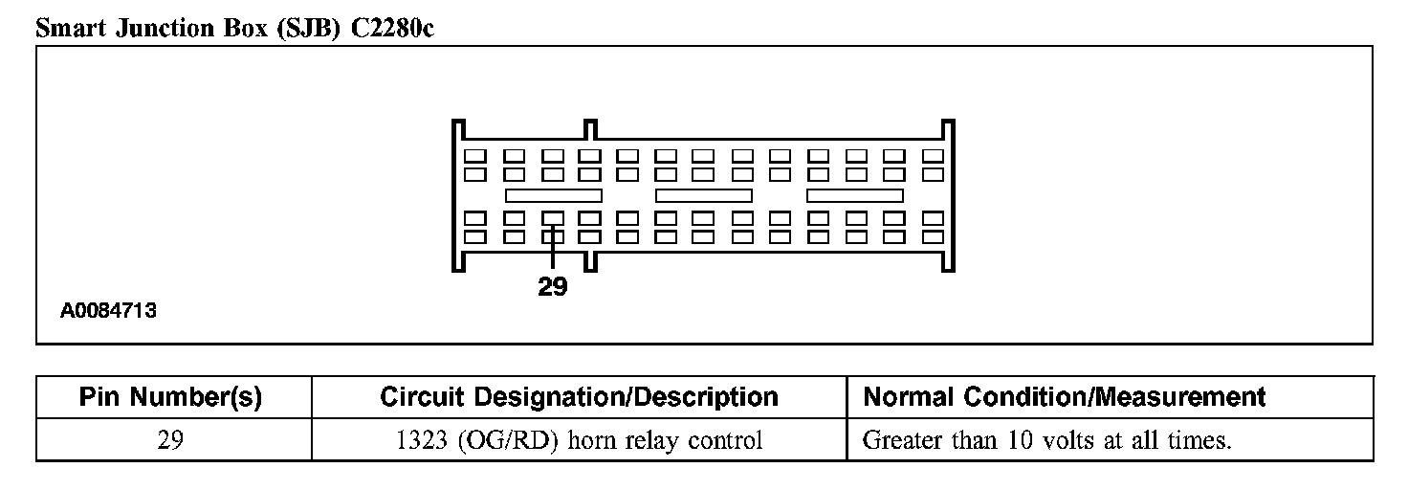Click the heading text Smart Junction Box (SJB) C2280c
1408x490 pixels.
point(234,29)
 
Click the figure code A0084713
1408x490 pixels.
point(108,311)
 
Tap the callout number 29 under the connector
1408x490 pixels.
point(552,287)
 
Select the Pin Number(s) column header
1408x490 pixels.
point(170,397)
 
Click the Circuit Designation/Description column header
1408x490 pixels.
point(579,397)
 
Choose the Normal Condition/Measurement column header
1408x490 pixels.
point(1064,397)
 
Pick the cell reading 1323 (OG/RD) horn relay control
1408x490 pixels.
point(579,440)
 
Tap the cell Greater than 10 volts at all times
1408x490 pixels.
point(1046,440)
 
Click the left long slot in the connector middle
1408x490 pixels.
point(553,195)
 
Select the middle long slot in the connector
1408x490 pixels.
point(704,195)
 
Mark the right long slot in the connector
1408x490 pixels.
point(855,195)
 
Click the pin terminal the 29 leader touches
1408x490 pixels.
point(552,218)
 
